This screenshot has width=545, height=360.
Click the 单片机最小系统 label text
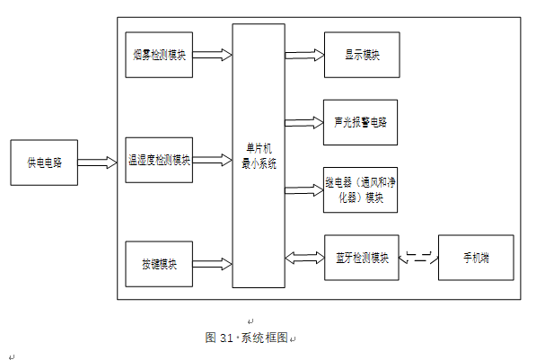pyautogui.click(x=259, y=156)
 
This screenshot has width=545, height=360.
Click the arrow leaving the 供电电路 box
pyautogui.click(x=97, y=162)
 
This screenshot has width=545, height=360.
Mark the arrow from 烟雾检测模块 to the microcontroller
pyautogui.click(x=213, y=55)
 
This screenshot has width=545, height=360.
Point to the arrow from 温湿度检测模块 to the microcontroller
pyautogui.click(x=213, y=160)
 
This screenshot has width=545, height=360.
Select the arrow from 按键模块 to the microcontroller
pyautogui.click(x=213, y=264)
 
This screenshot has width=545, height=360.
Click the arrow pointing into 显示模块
pyautogui.click(x=304, y=56)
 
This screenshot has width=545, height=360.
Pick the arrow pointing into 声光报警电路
pyautogui.click(x=304, y=123)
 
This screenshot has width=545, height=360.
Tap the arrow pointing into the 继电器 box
pyautogui.click(x=304, y=190)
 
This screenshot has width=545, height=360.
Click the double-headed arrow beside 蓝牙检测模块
pyautogui.click(x=304, y=258)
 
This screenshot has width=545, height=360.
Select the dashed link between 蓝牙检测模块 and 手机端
pyautogui.click(x=418, y=258)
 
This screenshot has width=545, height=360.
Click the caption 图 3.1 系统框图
pyautogui.click(x=246, y=338)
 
